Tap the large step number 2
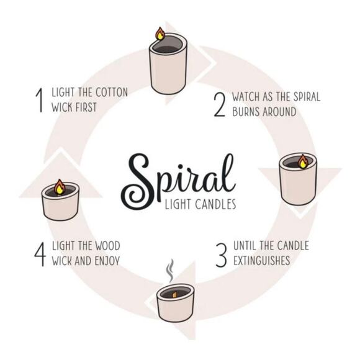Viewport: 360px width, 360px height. pyautogui.click(x=218, y=104)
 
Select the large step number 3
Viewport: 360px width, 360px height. pyautogui.click(x=221, y=253)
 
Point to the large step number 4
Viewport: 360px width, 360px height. pyautogui.click(x=40, y=253)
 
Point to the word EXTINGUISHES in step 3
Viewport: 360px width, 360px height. pyautogui.click(x=261, y=261)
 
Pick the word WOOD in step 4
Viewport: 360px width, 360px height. pyautogui.click(x=105, y=246)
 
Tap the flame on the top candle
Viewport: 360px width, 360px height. pyautogui.click(x=160, y=34)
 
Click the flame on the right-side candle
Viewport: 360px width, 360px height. pyautogui.click(x=302, y=162)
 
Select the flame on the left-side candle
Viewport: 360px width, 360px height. pyautogui.click(x=60, y=186)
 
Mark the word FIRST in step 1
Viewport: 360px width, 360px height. pyautogui.click(x=86, y=107)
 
